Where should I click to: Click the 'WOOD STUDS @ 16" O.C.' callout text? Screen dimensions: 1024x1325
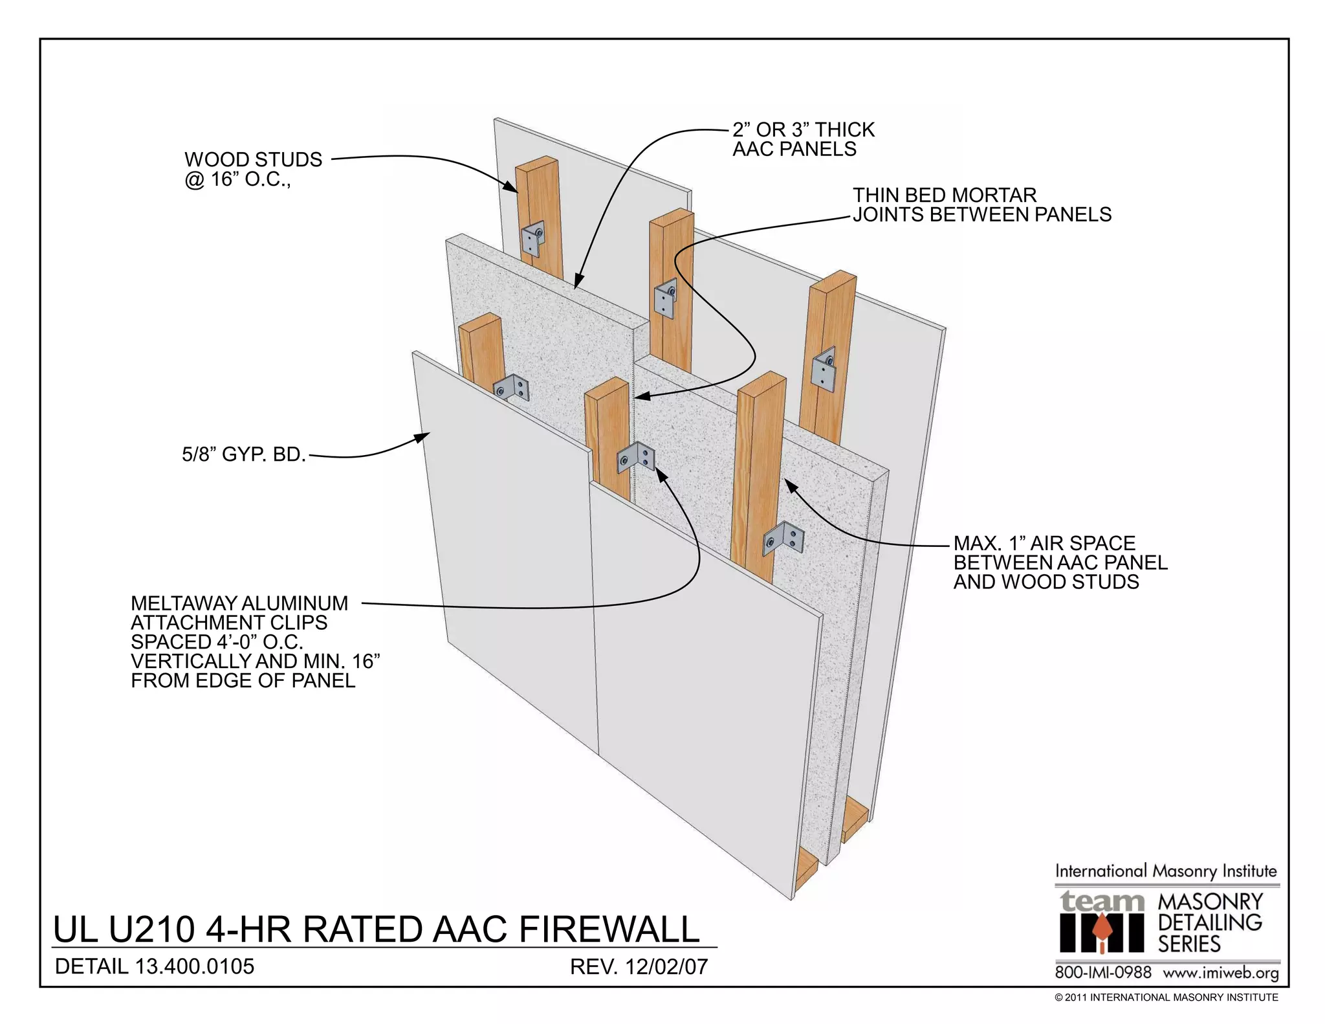[253, 169]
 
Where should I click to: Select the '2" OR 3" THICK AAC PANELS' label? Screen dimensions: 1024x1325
[803, 139]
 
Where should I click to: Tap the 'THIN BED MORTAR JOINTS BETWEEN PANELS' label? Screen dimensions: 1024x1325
[981, 205]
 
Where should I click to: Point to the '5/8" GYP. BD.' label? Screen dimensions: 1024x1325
[244, 454]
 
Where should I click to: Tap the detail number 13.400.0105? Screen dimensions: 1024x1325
[194, 967]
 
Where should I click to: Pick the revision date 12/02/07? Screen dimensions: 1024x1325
[667, 967]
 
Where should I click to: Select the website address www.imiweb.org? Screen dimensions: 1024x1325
[1221, 973]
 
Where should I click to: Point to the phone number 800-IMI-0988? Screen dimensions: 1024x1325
[1103, 973]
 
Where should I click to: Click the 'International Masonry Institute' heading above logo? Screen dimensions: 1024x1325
[1166, 871]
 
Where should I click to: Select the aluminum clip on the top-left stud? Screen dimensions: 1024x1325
[533, 239]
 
